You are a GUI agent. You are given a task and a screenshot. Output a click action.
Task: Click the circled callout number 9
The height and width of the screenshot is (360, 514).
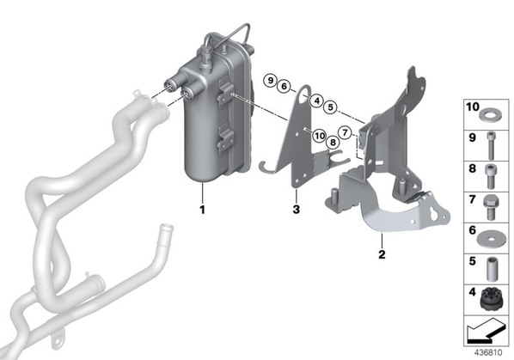tap(270, 80)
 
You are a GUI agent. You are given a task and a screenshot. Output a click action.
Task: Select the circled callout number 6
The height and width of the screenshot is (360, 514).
tap(284, 87)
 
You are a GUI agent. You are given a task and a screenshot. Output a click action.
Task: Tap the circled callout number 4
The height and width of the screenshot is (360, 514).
tap(316, 101)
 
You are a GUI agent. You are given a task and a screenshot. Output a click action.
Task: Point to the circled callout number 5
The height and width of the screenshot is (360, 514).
tap(330, 107)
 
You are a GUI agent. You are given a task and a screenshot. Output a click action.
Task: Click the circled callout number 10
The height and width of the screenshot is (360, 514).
tap(319, 136)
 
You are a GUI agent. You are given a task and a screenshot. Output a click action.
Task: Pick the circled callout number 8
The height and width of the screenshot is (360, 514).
tap(333, 142)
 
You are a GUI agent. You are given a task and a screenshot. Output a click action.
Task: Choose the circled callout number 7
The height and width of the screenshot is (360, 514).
tap(345, 132)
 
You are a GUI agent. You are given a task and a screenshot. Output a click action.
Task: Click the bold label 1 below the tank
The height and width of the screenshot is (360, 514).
tap(203, 210)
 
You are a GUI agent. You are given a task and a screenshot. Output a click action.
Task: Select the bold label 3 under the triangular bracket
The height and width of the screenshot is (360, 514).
tap(297, 210)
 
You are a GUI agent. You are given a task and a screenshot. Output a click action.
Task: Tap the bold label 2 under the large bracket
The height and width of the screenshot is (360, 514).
tap(382, 254)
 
